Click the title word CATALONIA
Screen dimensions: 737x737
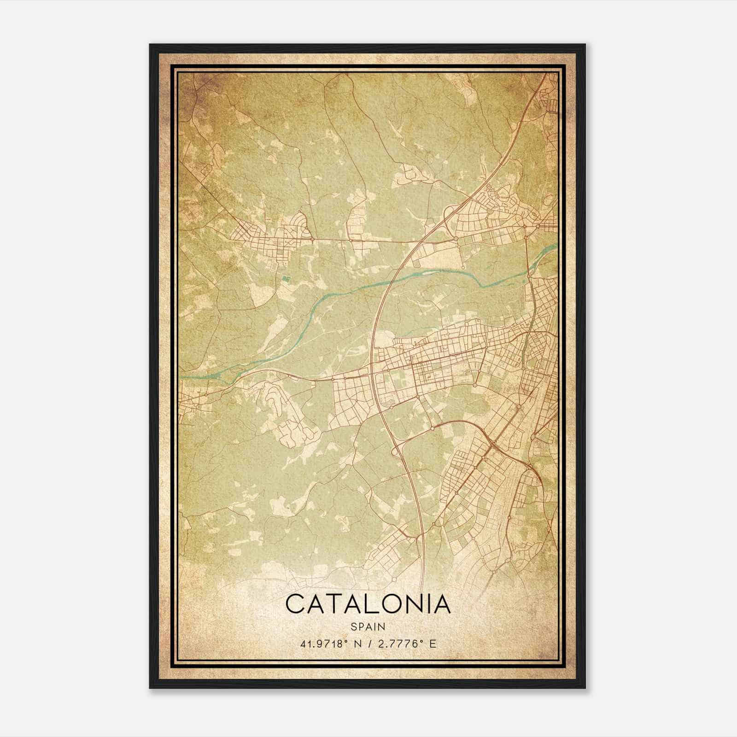pos(368,604)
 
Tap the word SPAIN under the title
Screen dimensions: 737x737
pos(368,626)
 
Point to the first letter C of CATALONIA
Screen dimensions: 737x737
pos(295,604)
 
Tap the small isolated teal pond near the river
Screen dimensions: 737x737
pos(286,278)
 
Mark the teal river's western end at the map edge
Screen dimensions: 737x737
pos(181,376)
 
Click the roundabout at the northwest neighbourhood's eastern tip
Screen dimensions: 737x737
pos(312,239)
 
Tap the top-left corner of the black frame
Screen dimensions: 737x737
pos(150,45)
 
